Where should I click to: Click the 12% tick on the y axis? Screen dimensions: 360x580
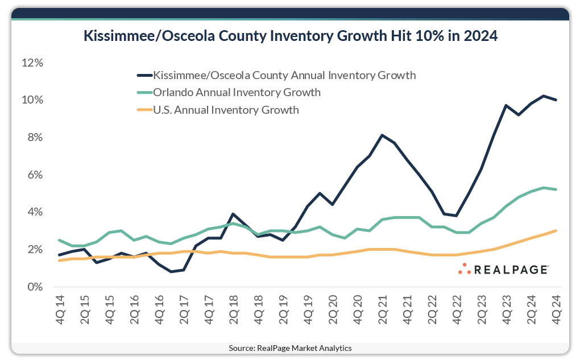pyautogui.click(x=32, y=63)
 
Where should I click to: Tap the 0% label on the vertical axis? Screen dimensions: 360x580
pyautogui.click(x=35, y=287)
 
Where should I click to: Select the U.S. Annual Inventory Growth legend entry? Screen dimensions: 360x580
pyautogui.click(x=226, y=110)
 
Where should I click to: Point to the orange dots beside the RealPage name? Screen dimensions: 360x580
pyautogui.click(x=465, y=269)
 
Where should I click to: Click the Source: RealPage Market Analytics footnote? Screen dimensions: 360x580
pyautogui.click(x=289, y=347)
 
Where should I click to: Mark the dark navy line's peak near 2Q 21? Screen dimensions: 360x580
pyautogui.click(x=382, y=135)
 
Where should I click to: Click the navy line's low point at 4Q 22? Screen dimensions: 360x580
pyautogui.click(x=456, y=216)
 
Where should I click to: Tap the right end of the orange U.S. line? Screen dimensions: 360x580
pyautogui.click(x=556, y=230)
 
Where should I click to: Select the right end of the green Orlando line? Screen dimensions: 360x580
pyautogui.click(x=556, y=189)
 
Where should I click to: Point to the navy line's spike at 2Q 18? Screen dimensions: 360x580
pyautogui.click(x=233, y=214)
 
